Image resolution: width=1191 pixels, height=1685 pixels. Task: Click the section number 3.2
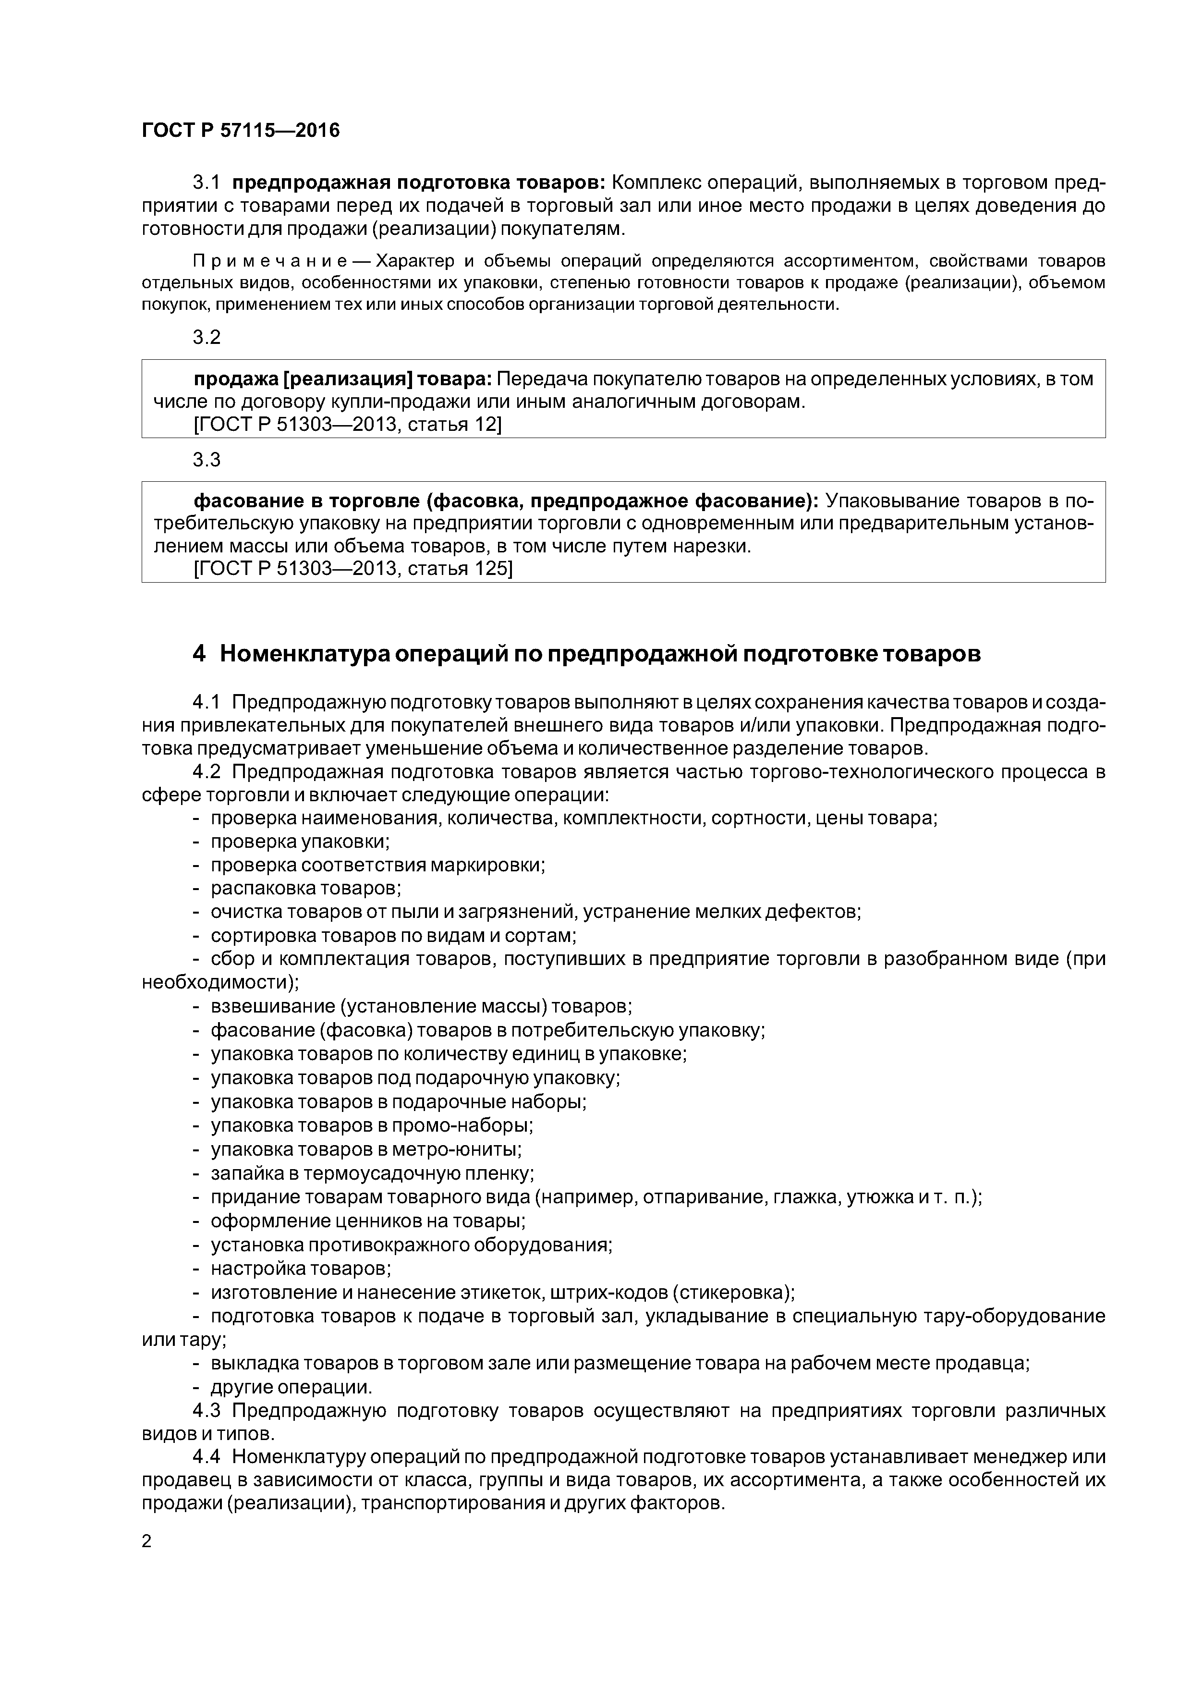[x=206, y=338]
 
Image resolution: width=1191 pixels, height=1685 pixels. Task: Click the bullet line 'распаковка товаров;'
[x=306, y=888]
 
